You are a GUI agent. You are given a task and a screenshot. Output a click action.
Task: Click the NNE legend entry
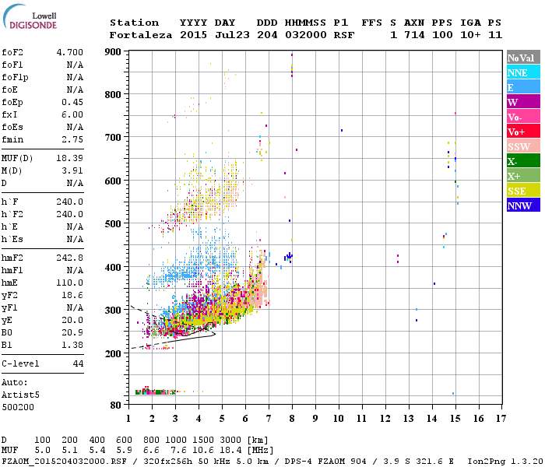click(522, 72)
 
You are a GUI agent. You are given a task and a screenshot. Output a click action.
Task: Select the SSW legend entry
click(522, 146)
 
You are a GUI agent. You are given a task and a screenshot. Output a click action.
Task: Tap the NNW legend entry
click(522, 205)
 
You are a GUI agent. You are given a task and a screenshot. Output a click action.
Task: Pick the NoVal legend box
click(522, 58)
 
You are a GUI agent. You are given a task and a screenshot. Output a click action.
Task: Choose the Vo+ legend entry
click(522, 132)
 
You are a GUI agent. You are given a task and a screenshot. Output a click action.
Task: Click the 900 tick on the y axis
click(114, 52)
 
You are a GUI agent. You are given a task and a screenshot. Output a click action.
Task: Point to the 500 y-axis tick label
click(114, 224)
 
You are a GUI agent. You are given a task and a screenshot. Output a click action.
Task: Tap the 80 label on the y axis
click(117, 405)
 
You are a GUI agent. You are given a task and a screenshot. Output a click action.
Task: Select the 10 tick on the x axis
click(339, 419)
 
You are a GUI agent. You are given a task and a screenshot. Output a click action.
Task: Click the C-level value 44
click(78, 363)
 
